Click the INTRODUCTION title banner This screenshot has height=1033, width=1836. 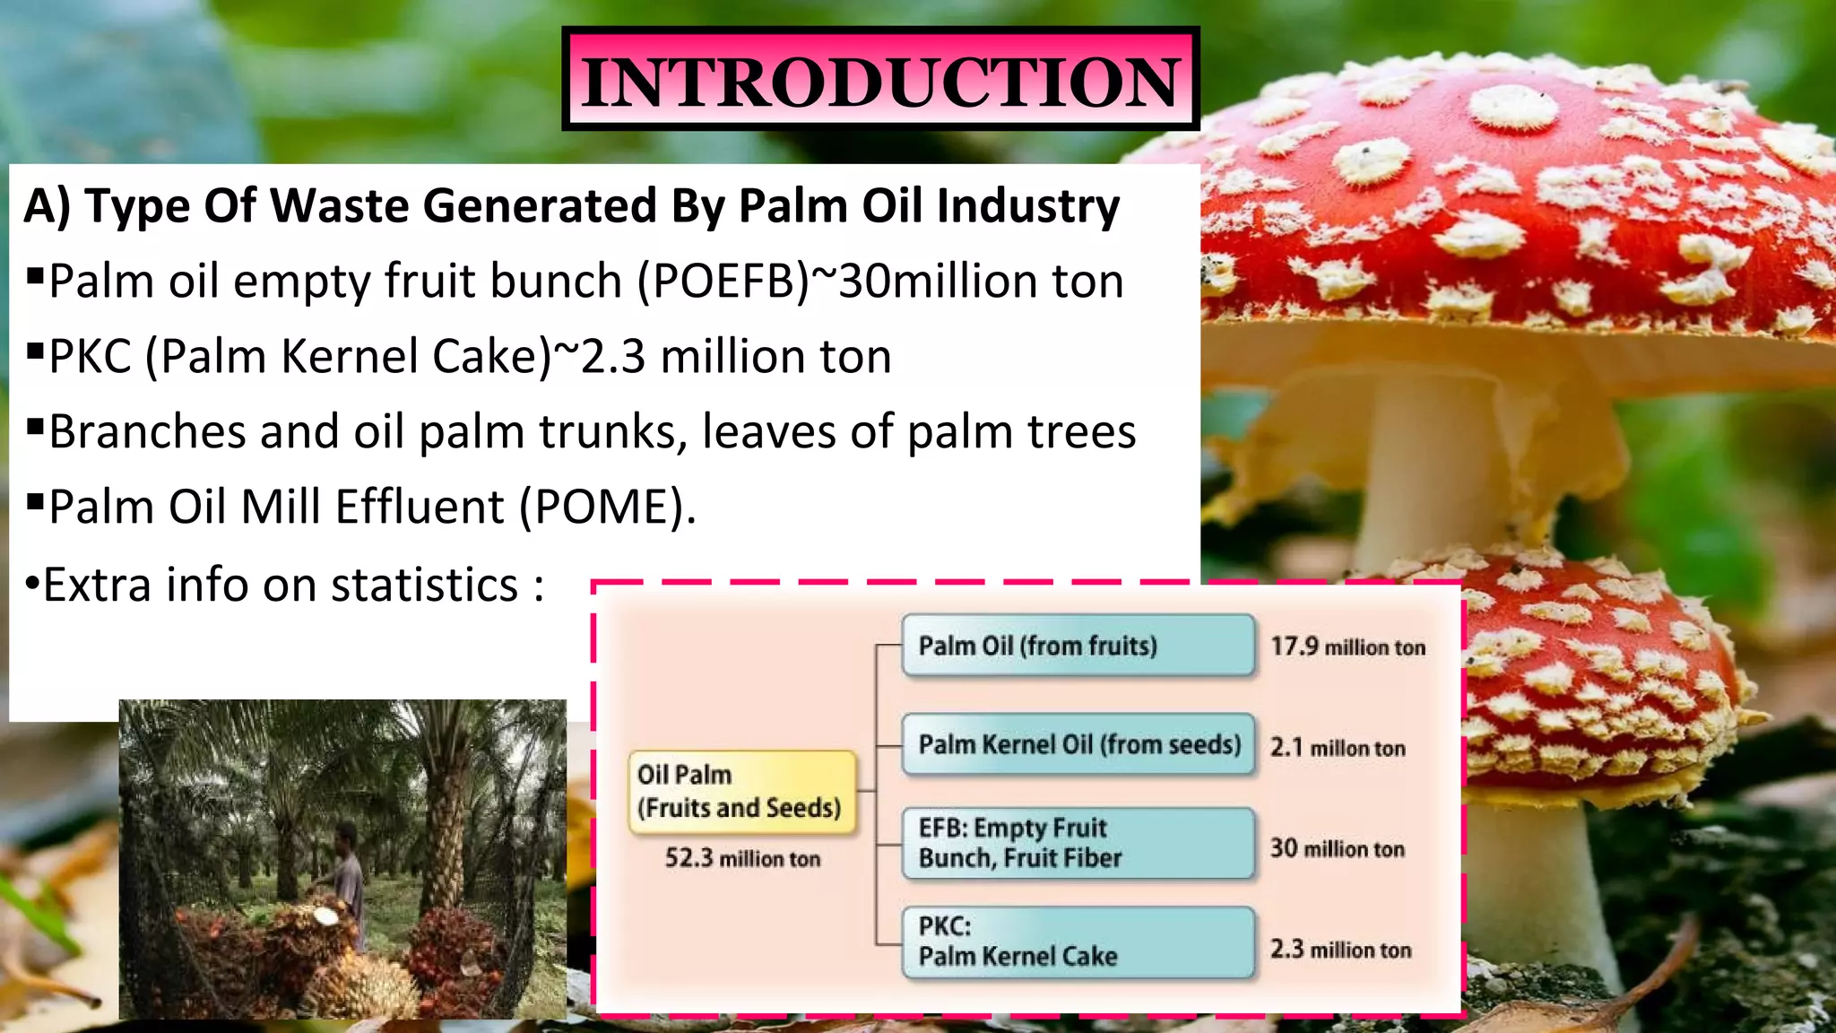[880, 79]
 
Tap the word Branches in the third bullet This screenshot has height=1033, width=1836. [146, 432]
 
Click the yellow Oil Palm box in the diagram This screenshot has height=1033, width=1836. [740, 792]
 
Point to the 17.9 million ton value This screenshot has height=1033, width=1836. [1347, 647]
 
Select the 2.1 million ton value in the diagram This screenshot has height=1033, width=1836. [1338, 747]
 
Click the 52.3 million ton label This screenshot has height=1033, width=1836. [742, 858]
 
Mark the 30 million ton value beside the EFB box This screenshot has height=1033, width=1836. [1337, 848]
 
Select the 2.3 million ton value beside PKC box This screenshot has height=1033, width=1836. [1340, 950]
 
